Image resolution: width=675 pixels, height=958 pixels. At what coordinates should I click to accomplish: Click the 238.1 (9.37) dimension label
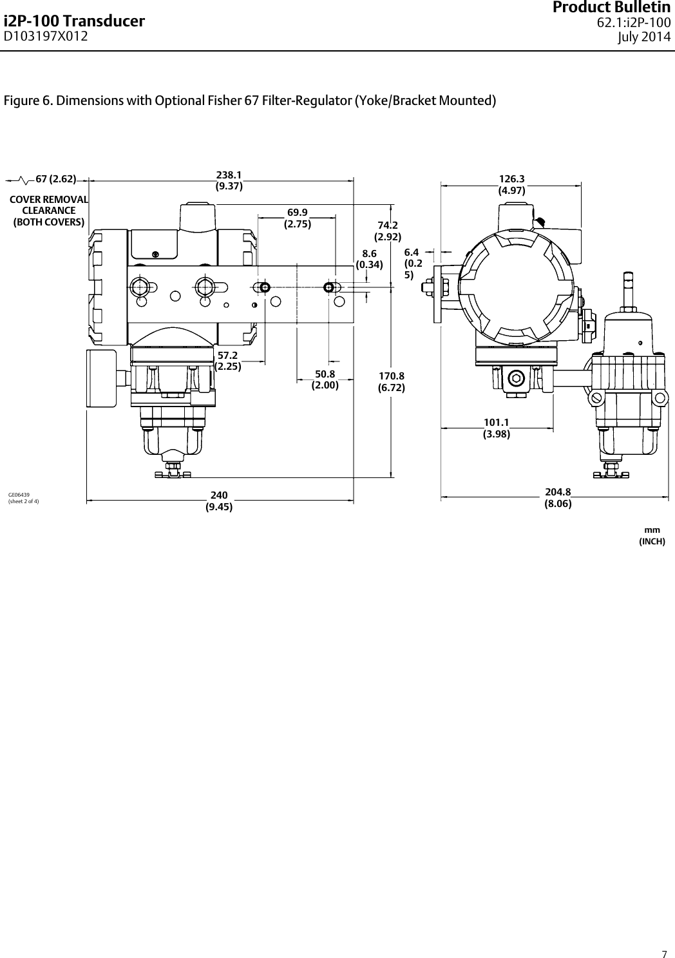229,180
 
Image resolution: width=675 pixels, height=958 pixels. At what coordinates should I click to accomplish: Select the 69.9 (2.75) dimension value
298,218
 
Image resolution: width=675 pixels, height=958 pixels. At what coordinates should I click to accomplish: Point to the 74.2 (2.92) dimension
388,231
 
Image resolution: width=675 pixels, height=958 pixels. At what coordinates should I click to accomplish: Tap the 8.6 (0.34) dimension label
369,259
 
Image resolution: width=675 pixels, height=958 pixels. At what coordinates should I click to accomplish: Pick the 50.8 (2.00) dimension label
325,379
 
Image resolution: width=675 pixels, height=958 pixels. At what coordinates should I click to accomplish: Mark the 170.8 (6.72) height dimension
391,381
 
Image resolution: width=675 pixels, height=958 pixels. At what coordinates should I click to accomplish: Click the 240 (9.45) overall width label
219,501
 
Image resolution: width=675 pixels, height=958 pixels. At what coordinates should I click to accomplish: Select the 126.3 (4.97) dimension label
512,184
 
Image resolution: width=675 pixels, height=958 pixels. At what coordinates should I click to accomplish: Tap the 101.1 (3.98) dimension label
497,428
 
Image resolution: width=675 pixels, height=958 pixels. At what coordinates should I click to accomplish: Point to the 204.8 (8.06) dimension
558,498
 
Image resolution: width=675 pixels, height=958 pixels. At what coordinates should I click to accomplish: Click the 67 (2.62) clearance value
55,178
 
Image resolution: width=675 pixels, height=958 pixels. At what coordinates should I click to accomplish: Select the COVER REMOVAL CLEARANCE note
49,211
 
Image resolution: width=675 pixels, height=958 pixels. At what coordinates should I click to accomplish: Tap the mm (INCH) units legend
651,535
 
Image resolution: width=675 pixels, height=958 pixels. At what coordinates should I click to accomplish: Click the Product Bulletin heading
620,8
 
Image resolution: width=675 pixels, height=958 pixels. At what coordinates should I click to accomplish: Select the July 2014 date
644,37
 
